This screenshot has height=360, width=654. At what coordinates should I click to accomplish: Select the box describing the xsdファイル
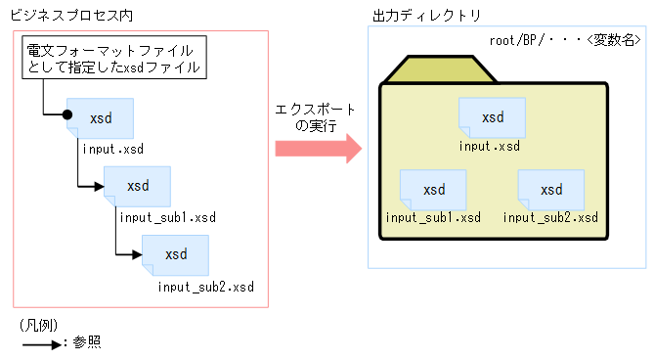pos(115,59)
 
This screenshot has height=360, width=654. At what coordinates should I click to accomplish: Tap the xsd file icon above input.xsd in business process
pos(100,118)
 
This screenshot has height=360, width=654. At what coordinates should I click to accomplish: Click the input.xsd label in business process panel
pos(112,149)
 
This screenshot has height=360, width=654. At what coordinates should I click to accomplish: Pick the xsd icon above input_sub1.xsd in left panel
pos(138,186)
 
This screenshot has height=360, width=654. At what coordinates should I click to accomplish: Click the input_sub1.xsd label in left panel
pos(167,216)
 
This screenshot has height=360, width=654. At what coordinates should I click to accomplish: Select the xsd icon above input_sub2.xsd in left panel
pos(176,254)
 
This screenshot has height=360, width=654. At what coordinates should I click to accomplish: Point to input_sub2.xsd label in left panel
pos(205,287)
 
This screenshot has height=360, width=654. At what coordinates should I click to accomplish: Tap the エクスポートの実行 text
pos(316,117)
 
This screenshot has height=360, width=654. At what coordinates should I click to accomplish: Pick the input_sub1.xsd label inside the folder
pos(433,217)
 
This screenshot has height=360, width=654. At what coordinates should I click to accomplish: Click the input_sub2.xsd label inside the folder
pos(550,217)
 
